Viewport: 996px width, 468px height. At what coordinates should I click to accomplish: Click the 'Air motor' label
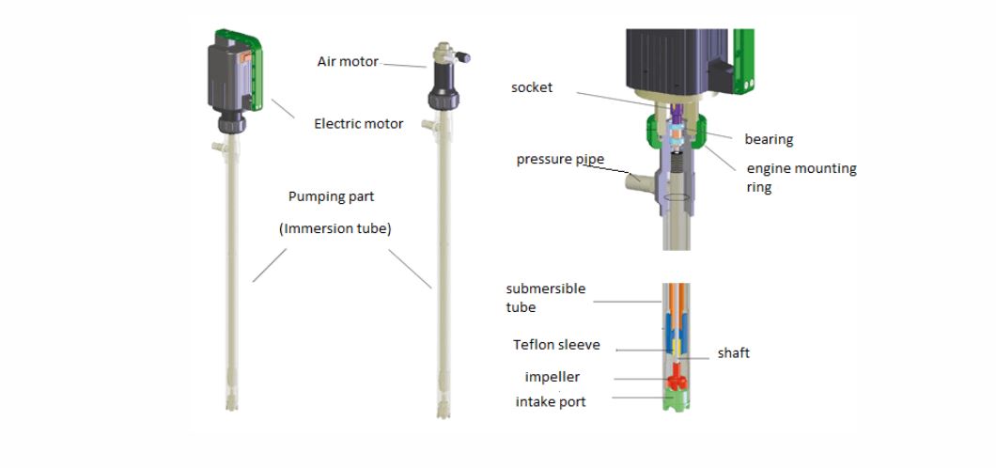(x=348, y=62)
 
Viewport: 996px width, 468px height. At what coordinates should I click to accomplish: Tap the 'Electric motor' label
(x=359, y=123)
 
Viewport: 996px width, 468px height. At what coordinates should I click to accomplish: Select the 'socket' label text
(x=532, y=87)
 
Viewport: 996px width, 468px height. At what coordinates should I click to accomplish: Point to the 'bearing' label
(x=769, y=139)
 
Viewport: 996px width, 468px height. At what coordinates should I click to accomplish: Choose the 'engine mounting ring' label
(x=801, y=178)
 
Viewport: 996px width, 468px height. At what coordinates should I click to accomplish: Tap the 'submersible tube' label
(x=545, y=298)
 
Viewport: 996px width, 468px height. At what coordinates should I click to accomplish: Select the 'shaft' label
(x=733, y=353)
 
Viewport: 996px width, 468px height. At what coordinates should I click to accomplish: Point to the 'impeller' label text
(x=552, y=377)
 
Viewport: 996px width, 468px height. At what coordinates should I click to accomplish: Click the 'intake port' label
(x=551, y=402)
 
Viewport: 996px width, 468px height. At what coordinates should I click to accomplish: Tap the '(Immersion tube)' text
(x=335, y=228)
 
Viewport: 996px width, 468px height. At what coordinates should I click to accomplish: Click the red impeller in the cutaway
(x=676, y=382)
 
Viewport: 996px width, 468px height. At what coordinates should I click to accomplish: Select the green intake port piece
(x=676, y=402)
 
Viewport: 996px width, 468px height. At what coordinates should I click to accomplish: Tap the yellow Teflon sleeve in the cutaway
(x=675, y=350)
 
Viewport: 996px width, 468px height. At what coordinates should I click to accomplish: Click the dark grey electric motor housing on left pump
(x=227, y=80)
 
